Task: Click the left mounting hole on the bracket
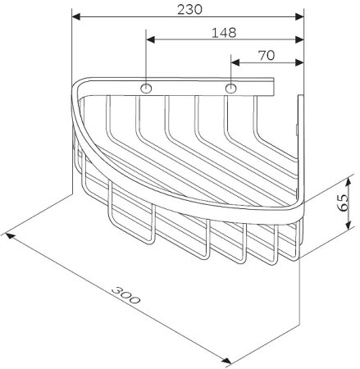click(146, 88)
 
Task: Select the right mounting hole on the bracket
click(231, 88)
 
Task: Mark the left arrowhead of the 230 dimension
click(75, 16)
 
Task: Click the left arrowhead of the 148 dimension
click(150, 39)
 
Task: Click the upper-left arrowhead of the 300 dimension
click(10, 235)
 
